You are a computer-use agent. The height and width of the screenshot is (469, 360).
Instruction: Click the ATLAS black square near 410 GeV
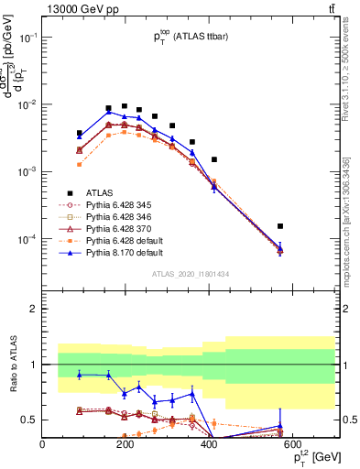[213, 159]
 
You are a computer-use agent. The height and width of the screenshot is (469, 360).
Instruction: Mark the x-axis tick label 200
[125, 445]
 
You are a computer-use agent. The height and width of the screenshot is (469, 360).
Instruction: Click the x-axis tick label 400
[209, 445]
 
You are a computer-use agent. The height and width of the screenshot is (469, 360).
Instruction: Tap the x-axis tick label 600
[292, 445]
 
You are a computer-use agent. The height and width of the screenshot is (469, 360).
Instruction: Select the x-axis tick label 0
[42, 445]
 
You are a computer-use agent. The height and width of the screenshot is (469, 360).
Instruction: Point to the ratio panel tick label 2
[34, 309]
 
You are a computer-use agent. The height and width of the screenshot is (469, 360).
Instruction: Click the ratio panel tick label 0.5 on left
[30, 420]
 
